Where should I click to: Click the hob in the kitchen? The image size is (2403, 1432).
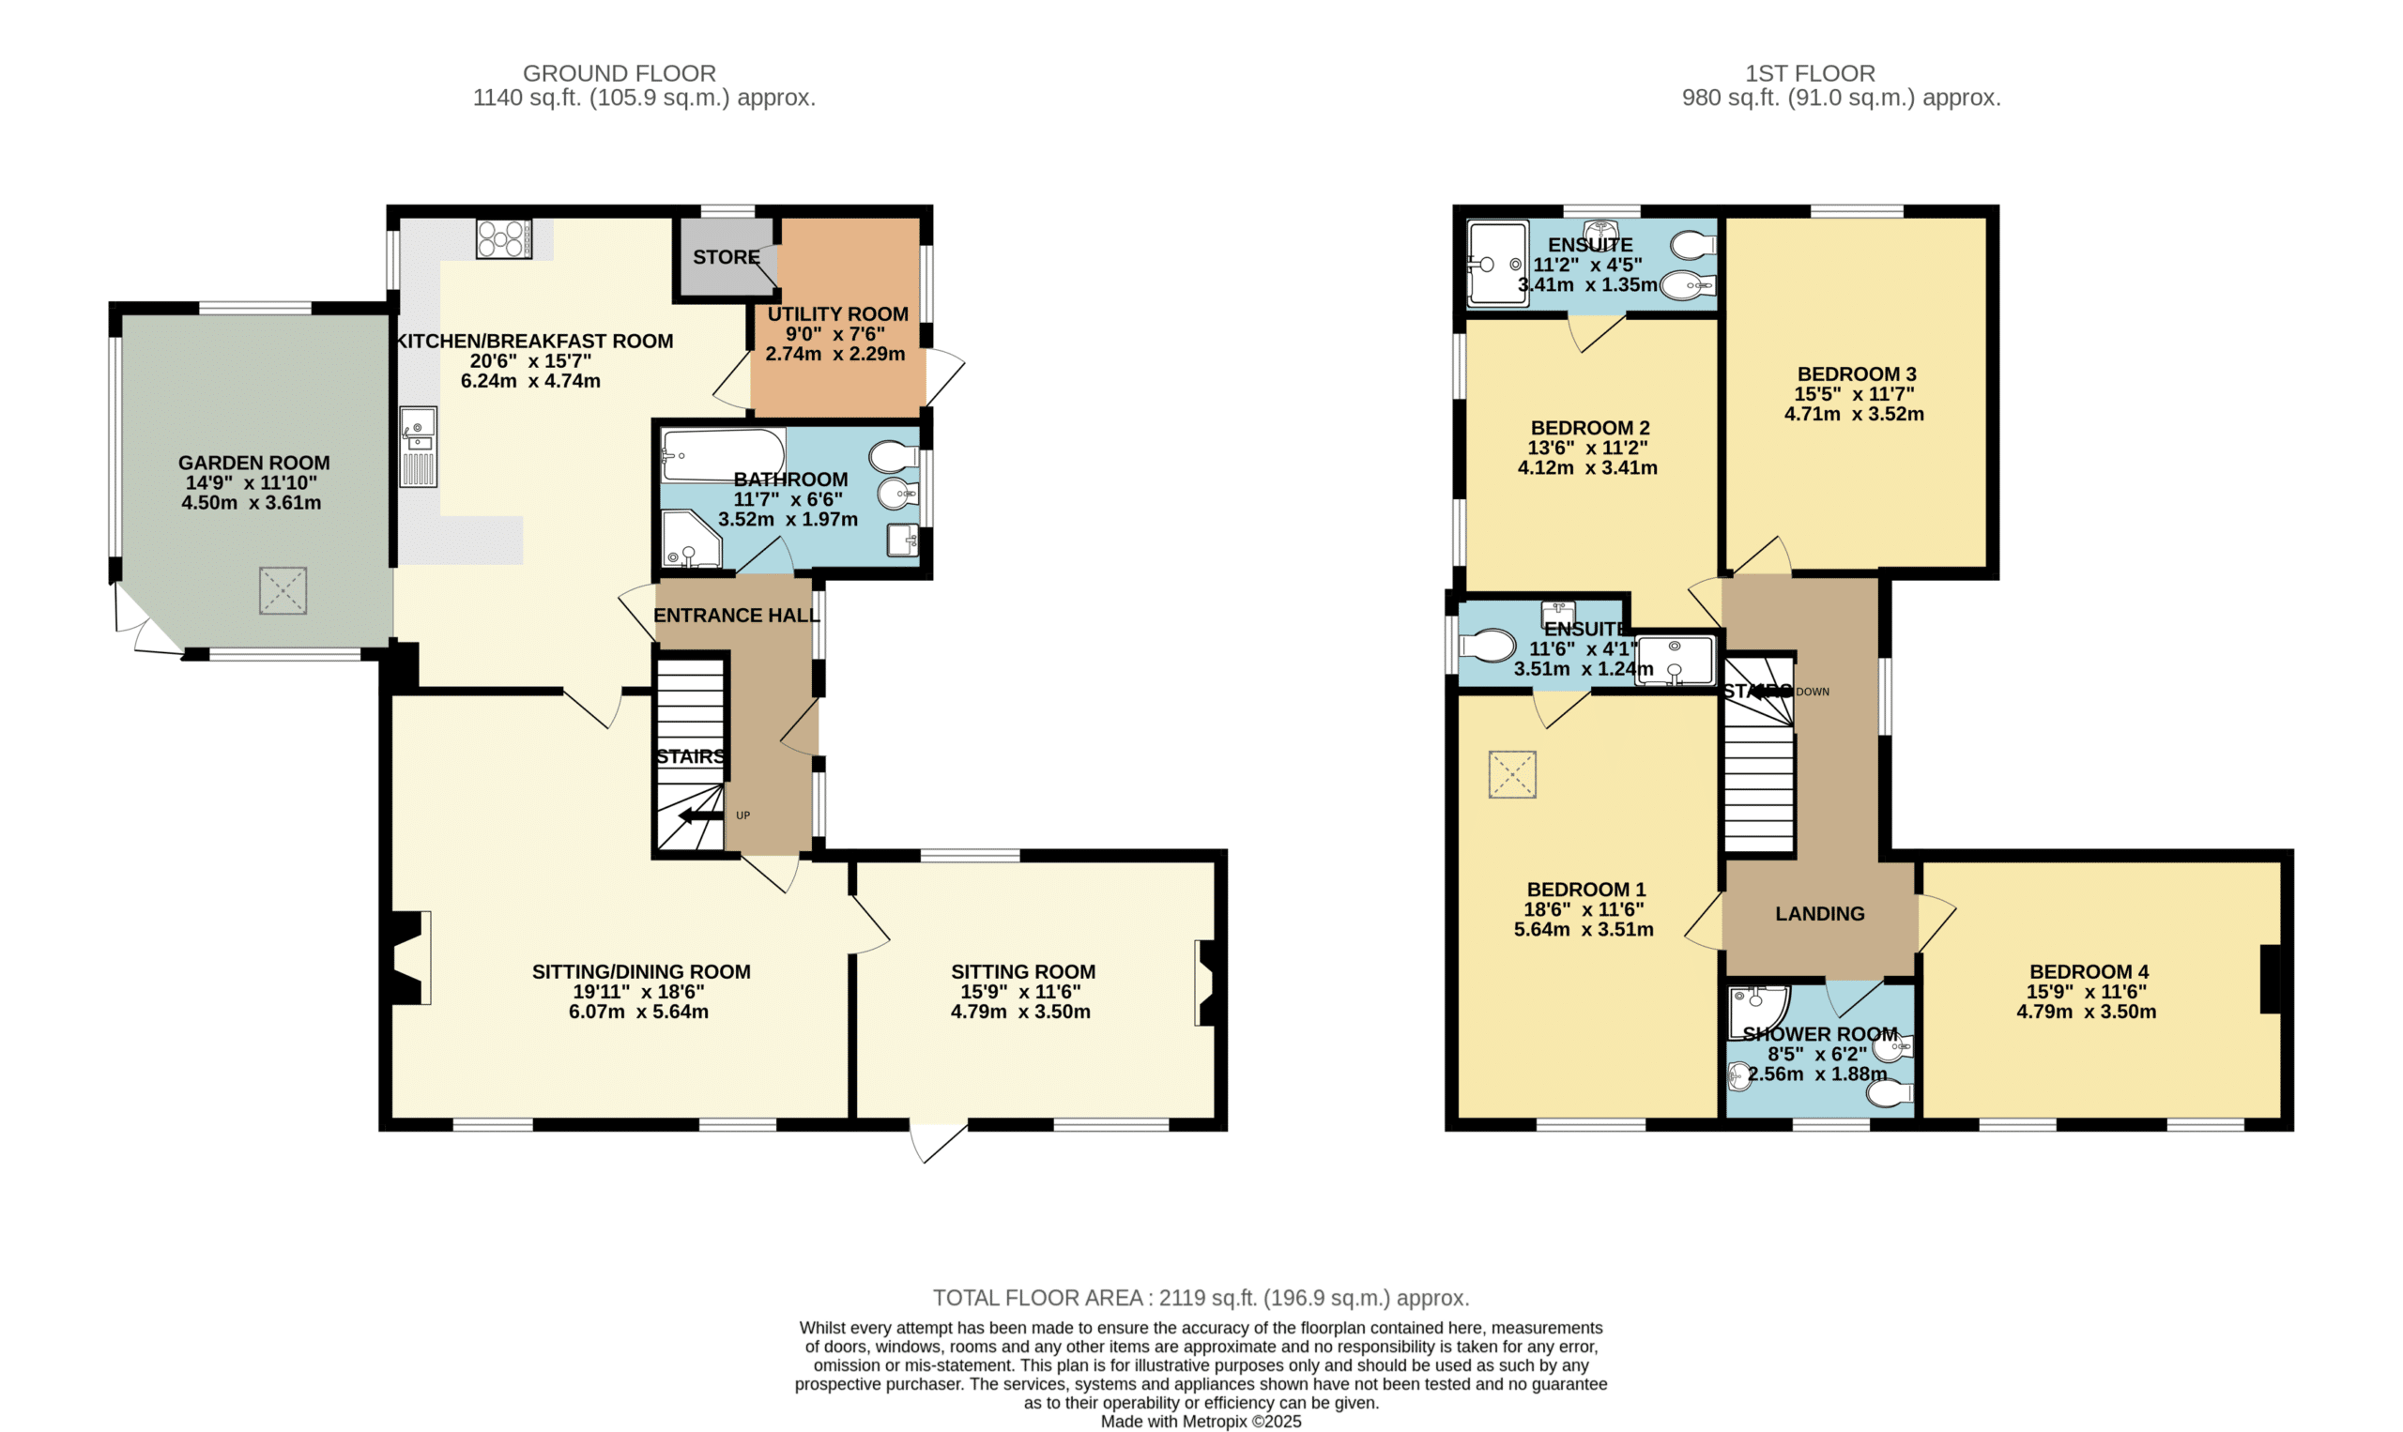pyautogui.click(x=504, y=238)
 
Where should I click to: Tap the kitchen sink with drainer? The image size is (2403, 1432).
pyautogui.click(x=418, y=447)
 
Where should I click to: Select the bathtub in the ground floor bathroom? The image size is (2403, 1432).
pyautogui.click(x=722, y=454)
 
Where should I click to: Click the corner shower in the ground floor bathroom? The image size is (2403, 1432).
pyautogui.click(x=689, y=541)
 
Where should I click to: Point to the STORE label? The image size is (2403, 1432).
pyautogui.click(x=726, y=258)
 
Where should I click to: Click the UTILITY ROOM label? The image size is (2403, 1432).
pyautogui.click(x=836, y=314)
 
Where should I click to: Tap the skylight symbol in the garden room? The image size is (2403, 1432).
pyautogui.click(x=283, y=590)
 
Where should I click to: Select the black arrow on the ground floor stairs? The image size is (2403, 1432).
pyautogui.click(x=699, y=816)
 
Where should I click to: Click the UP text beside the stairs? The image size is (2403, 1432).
pyautogui.click(x=742, y=815)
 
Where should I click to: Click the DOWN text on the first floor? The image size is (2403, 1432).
pyautogui.click(x=1812, y=692)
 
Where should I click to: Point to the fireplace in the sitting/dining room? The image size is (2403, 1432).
pyautogui.click(x=410, y=958)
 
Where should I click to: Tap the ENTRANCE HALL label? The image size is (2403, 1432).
pyautogui.click(x=735, y=616)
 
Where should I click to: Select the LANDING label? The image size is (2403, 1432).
pyautogui.click(x=1819, y=914)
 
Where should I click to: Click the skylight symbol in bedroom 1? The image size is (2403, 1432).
pyautogui.click(x=1511, y=774)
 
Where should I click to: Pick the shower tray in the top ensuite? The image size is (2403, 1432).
pyautogui.click(x=1496, y=265)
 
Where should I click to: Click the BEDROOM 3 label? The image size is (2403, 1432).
pyautogui.click(x=1856, y=374)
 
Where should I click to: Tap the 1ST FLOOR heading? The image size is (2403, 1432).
pyautogui.click(x=1810, y=73)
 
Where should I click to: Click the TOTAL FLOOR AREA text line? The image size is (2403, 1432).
pyautogui.click(x=1201, y=1298)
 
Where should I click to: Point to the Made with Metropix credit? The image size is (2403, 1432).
pyautogui.click(x=1201, y=1422)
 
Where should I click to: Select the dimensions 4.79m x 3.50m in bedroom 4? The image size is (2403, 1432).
pyautogui.click(x=2086, y=1013)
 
